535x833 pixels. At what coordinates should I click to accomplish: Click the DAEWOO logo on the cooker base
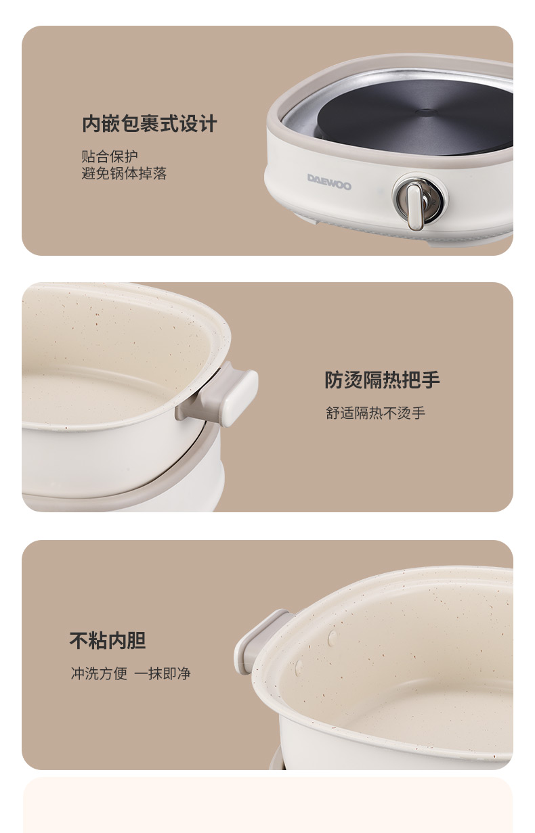[x=329, y=181]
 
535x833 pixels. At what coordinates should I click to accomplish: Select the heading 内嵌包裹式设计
[x=149, y=123]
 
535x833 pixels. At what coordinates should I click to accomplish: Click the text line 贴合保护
[x=110, y=156]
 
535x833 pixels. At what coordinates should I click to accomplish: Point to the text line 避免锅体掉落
[x=124, y=173]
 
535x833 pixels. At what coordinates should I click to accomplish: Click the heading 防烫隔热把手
[x=382, y=380]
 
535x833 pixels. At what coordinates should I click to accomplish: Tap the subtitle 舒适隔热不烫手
[x=375, y=413]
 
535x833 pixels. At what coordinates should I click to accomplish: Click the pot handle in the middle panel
[x=224, y=395]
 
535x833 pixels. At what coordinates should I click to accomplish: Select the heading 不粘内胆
[x=108, y=640]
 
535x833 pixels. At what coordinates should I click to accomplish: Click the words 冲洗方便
[x=99, y=673]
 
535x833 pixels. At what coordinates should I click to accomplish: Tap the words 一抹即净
[x=163, y=673]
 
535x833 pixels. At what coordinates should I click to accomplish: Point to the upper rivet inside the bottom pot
[x=332, y=638]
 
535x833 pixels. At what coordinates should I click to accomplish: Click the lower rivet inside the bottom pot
[x=299, y=669]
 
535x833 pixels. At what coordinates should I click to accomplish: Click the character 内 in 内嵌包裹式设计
[x=91, y=123]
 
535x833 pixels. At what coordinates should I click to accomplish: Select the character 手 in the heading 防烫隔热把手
[x=431, y=380]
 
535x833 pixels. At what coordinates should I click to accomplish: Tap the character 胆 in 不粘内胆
[x=137, y=640]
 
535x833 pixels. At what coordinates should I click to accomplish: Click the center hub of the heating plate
[x=427, y=111]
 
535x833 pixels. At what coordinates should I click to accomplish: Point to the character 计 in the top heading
[x=208, y=123]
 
